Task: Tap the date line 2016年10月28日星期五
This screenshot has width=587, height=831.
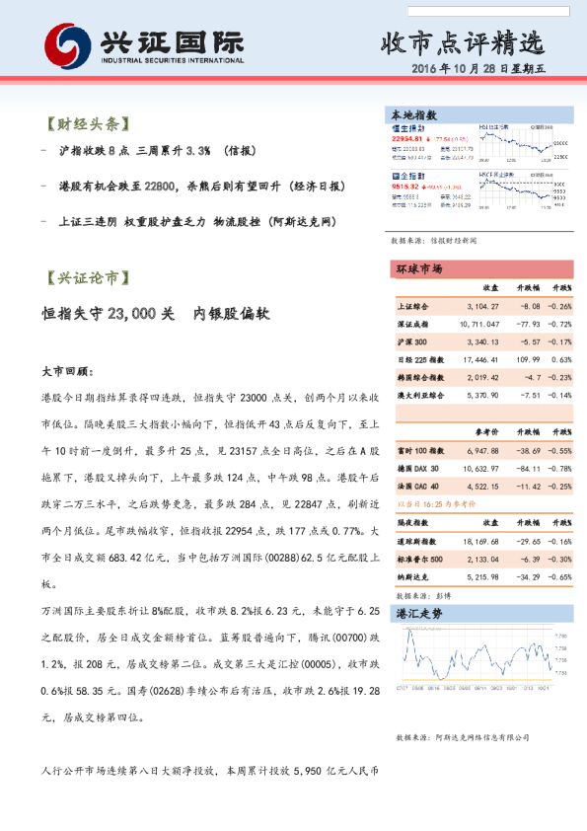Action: click(x=492, y=70)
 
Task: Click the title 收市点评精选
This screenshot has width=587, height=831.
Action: click(x=462, y=42)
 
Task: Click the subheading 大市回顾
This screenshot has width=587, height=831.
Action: click(x=67, y=373)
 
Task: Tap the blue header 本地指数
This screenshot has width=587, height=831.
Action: click(x=414, y=115)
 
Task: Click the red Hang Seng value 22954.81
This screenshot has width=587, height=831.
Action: click(x=408, y=140)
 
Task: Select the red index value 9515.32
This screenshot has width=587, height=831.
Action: click(x=405, y=186)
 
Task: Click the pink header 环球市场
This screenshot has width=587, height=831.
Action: click(x=418, y=268)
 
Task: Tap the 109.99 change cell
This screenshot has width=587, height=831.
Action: click(x=525, y=360)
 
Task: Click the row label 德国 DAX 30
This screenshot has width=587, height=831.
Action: click(x=418, y=469)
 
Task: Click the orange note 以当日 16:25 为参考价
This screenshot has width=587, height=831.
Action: click(x=434, y=503)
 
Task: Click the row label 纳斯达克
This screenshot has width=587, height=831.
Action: click(x=414, y=577)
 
